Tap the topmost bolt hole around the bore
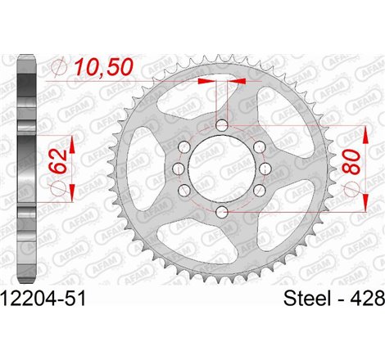tap(222, 124)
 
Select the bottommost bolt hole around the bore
tap(222, 213)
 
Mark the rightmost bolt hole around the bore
tap(263, 168)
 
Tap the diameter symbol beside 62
tap(58, 190)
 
